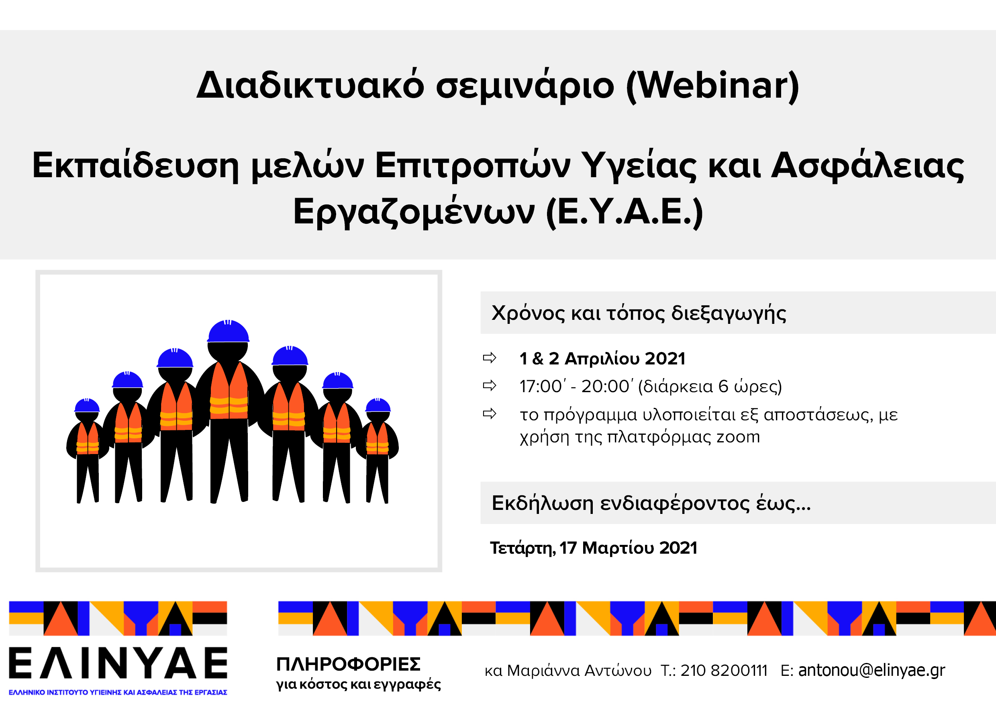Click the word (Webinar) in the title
pos(713,86)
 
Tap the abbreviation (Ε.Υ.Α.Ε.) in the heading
pos(625,212)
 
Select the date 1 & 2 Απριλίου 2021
pos(602,359)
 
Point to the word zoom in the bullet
pos(738,437)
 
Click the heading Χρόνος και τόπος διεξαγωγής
pos(639,313)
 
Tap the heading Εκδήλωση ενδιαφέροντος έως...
pos(651,503)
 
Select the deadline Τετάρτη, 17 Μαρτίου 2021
pos(593,548)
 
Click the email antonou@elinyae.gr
pos(871,670)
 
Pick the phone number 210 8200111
pos(724,670)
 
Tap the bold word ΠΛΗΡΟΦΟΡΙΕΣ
pos(348,664)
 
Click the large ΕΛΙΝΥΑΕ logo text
pos(118,663)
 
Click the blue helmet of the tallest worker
pos(228,331)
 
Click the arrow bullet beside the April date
pos(490,358)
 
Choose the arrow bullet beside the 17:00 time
pos(490,385)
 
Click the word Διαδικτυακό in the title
pos(310,86)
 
